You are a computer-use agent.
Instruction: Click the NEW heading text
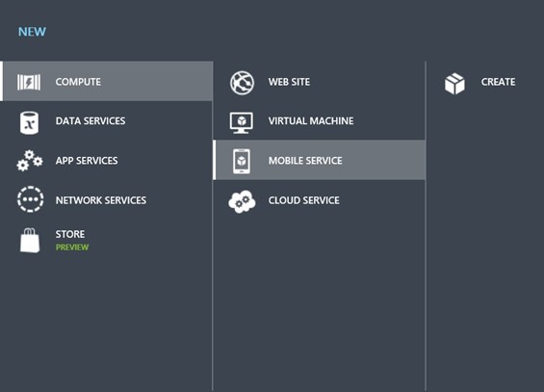point(32,32)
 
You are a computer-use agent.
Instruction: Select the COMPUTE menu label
point(78,82)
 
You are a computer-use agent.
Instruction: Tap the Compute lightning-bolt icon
point(29,82)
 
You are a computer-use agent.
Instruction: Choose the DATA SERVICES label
point(91,120)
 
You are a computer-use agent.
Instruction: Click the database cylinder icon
point(29,123)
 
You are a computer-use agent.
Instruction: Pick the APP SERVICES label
point(87,161)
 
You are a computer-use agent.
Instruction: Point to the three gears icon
point(30,161)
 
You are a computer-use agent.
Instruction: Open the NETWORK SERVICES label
point(100,200)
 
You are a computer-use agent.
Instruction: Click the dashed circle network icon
point(31,199)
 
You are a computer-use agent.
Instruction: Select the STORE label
point(69,234)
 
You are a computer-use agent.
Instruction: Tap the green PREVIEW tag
point(72,247)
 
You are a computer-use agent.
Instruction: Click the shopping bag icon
point(30,240)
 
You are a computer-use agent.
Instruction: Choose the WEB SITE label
point(289,82)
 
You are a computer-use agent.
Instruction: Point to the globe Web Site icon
point(243,83)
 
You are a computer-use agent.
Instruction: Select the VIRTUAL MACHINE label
point(311,120)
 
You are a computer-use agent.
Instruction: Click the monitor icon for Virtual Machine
point(242,123)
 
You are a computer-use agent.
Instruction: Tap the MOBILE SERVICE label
point(305,161)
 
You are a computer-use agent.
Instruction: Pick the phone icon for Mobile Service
point(242,161)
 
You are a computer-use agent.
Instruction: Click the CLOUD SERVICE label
point(303,200)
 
